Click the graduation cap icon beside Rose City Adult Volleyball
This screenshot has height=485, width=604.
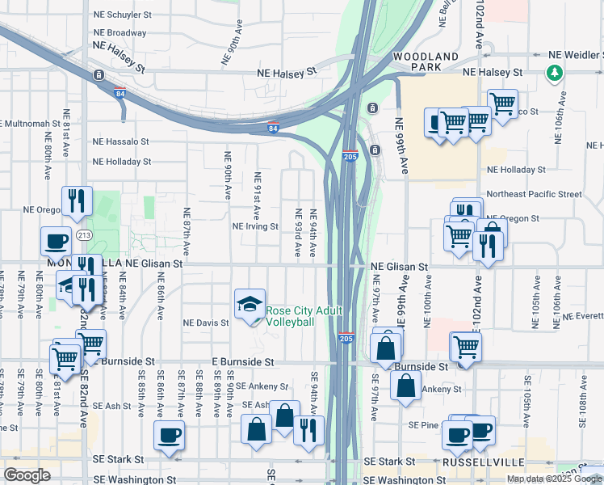click(250, 304)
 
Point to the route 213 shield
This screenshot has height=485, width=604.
click(84, 235)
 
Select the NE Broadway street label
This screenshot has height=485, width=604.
click(120, 33)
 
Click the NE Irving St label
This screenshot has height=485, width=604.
click(255, 227)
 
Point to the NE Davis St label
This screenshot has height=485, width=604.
click(207, 323)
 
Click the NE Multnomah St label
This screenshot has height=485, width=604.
click(31, 124)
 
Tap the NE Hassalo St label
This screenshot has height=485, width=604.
click(121, 141)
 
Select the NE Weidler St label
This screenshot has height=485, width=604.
click(576, 55)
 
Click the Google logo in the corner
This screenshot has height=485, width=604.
click(27, 474)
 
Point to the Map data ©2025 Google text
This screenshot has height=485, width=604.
click(554, 479)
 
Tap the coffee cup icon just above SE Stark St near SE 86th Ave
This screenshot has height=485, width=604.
click(170, 435)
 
